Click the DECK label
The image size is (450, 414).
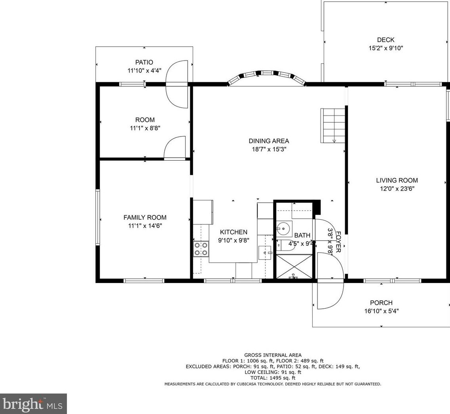[x=385, y=40]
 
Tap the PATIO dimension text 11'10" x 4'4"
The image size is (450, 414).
[x=144, y=70]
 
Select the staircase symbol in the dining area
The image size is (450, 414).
[x=333, y=125]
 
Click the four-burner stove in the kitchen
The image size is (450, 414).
[x=201, y=249]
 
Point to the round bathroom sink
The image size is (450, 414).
[x=283, y=229]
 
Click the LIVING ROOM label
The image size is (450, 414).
[x=397, y=180]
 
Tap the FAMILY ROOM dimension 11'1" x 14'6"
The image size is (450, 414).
[x=145, y=226]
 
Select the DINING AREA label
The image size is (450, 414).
[x=269, y=141]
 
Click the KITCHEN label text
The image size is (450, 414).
[x=234, y=232]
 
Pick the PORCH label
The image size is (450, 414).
[x=381, y=303]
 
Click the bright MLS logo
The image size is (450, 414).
[x=33, y=404]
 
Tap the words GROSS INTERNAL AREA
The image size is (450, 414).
[x=273, y=355]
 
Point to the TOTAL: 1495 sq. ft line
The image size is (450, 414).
[x=273, y=378]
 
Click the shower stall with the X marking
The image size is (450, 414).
[x=294, y=266]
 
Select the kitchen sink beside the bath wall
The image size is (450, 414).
[x=265, y=253]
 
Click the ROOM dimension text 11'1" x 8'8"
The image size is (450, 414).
[x=145, y=128]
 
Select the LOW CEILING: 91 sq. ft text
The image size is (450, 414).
[x=273, y=372]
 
